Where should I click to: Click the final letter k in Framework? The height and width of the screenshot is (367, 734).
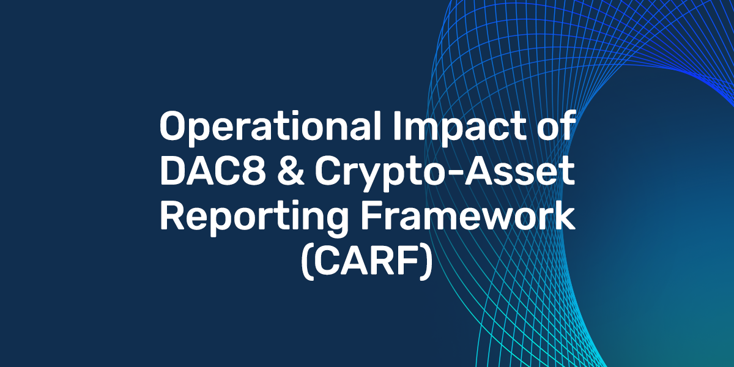tap(565, 219)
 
